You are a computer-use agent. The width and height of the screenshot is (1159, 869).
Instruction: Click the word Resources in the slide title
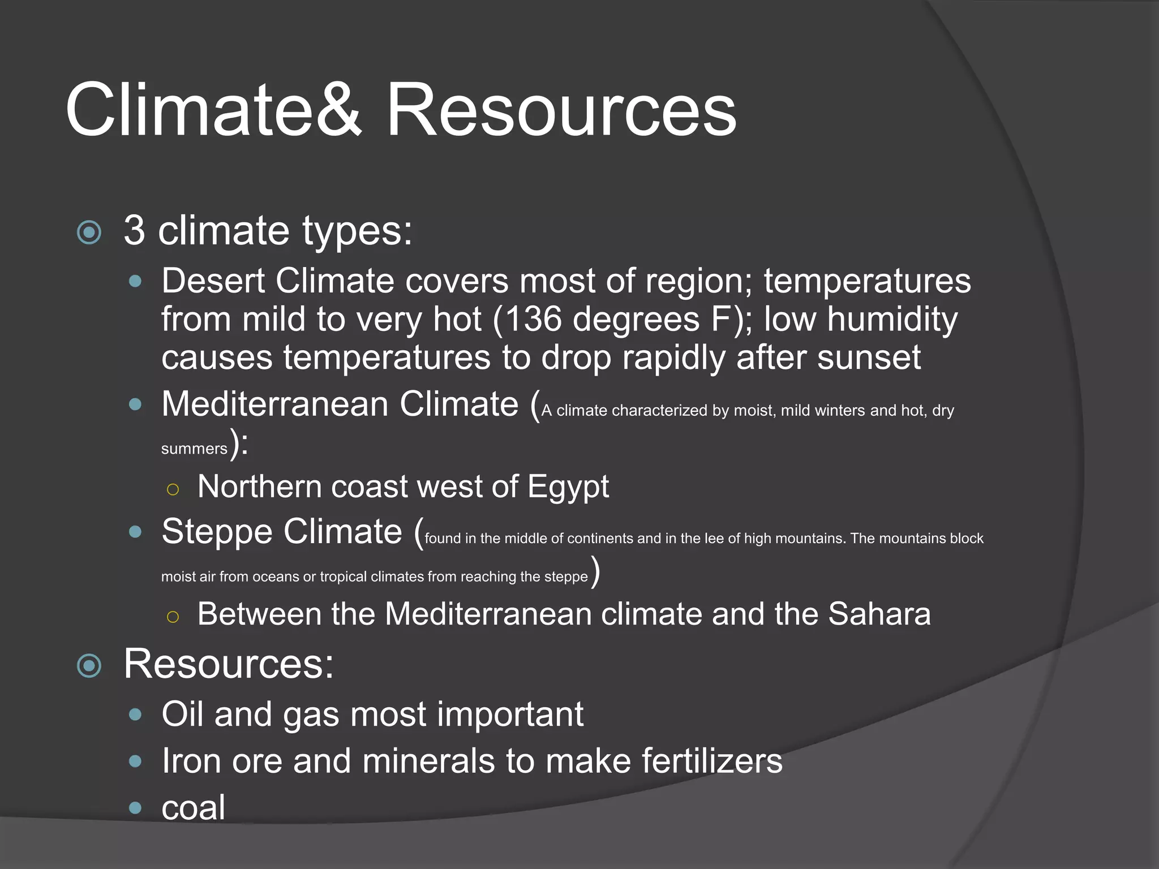(x=560, y=110)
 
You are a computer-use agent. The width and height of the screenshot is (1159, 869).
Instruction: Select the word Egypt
(x=568, y=487)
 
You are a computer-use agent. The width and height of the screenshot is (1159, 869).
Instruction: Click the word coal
(x=193, y=808)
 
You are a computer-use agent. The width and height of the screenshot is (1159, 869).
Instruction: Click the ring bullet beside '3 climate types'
(x=89, y=233)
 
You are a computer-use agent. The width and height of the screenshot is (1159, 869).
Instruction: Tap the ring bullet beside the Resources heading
(x=89, y=666)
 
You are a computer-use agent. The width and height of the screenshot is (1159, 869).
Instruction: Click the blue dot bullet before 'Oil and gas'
(x=135, y=715)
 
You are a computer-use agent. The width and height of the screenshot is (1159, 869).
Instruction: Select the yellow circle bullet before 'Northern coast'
(x=173, y=489)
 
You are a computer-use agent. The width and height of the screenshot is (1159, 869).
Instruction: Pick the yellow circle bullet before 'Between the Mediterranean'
(x=173, y=617)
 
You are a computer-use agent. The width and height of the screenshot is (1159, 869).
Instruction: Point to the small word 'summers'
(x=194, y=449)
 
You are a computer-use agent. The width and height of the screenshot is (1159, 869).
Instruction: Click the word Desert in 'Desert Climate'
(x=213, y=281)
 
